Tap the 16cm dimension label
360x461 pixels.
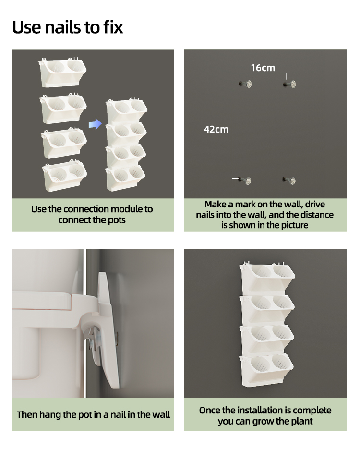pyautogui.click(x=263, y=68)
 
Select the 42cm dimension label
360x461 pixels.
pyautogui.click(x=216, y=129)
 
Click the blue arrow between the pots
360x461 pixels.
pyautogui.click(x=96, y=124)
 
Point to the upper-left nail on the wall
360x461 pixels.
pyautogui.click(x=245, y=85)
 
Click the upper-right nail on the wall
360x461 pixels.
pyautogui.click(x=289, y=85)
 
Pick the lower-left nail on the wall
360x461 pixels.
pyautogui.click(x=245, y=181)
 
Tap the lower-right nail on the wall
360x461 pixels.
pyautogui.click(x=289, y=181)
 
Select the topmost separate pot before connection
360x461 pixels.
pyautogui.click(x=62, y=73)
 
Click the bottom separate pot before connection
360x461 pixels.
pyautogui.click(x=64, y=174)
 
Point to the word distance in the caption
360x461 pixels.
pyautogui.click(x=311, y=215)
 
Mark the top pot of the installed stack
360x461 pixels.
pyautogui.click(x=267, y=278)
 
